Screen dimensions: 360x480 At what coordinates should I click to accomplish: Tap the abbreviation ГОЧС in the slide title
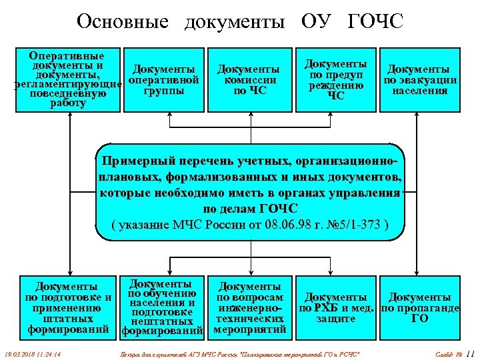tap(375, 21)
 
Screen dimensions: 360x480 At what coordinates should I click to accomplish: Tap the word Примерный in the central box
tap(137, 161)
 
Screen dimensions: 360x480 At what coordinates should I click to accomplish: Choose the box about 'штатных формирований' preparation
tap(67, 307)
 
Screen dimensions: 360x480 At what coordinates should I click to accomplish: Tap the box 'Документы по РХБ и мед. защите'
tap(336, 307)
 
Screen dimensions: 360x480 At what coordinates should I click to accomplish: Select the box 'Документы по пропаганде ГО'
tap(419, 307)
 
